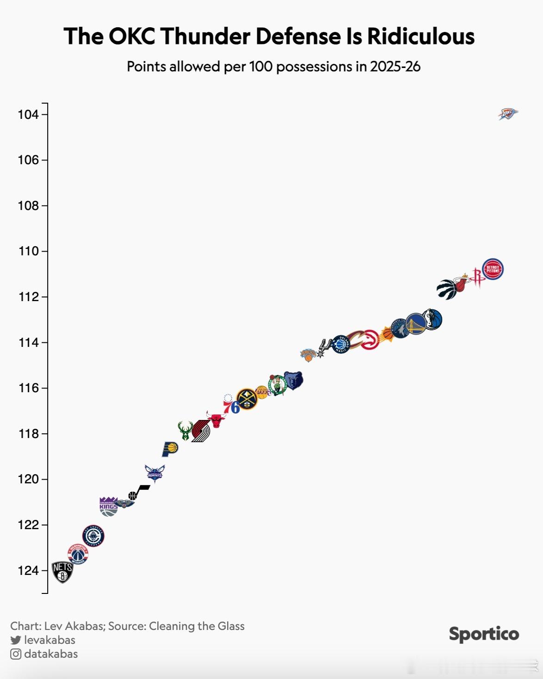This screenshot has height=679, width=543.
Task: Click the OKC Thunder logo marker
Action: point(508,113)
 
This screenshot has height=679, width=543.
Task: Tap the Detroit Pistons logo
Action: point(493,269)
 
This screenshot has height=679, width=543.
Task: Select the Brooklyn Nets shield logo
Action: point(62,572)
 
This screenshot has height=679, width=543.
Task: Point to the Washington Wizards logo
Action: point(78,554)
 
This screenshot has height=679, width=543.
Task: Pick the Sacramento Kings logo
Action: point(108,506)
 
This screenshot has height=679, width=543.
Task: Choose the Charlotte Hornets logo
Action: point(154,473)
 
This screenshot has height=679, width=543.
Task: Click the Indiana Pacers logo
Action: point(170,449)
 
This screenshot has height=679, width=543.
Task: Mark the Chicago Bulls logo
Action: point(216,419)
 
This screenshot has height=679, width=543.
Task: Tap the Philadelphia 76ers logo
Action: point(231,404)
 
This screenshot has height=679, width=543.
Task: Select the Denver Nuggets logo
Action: point(247,399)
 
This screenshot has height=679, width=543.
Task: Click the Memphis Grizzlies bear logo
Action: point(293,380)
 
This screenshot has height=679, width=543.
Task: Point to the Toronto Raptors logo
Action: point(446,290)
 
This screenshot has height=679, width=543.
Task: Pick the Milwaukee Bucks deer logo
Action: point(185,431)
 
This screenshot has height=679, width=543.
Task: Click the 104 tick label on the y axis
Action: point(28,114)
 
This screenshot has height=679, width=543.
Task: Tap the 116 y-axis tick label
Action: point(28,388)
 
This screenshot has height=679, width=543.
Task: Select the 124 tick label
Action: point(28,570)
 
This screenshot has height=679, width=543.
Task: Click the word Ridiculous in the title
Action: point(421,36)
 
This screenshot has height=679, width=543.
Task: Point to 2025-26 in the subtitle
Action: point(395,67)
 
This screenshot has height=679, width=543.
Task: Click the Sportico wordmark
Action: point(484,634)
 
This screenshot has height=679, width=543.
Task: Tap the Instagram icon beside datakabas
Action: point(16,654)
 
